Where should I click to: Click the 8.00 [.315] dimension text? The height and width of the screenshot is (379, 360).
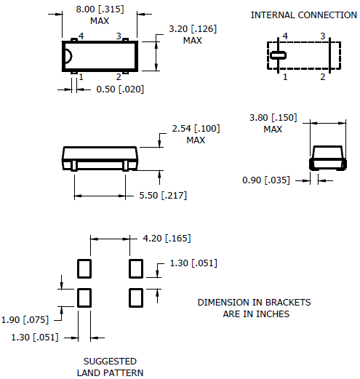(100, 9)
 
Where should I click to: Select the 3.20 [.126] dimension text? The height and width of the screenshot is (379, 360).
(193, 29)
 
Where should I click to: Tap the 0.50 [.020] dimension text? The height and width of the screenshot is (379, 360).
(120, 89)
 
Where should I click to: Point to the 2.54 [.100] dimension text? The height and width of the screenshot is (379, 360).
(196, 129)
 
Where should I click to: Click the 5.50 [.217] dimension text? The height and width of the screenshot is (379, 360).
(163, 196)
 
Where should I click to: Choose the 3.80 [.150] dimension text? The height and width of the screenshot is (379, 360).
(273, 118)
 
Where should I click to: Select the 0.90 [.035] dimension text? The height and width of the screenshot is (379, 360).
(266, 180)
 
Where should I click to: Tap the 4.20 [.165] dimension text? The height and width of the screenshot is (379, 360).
(167, 239)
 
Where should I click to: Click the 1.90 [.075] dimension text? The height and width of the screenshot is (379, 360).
(25, 320)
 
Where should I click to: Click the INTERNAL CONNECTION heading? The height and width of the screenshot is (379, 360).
(304, 15)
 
